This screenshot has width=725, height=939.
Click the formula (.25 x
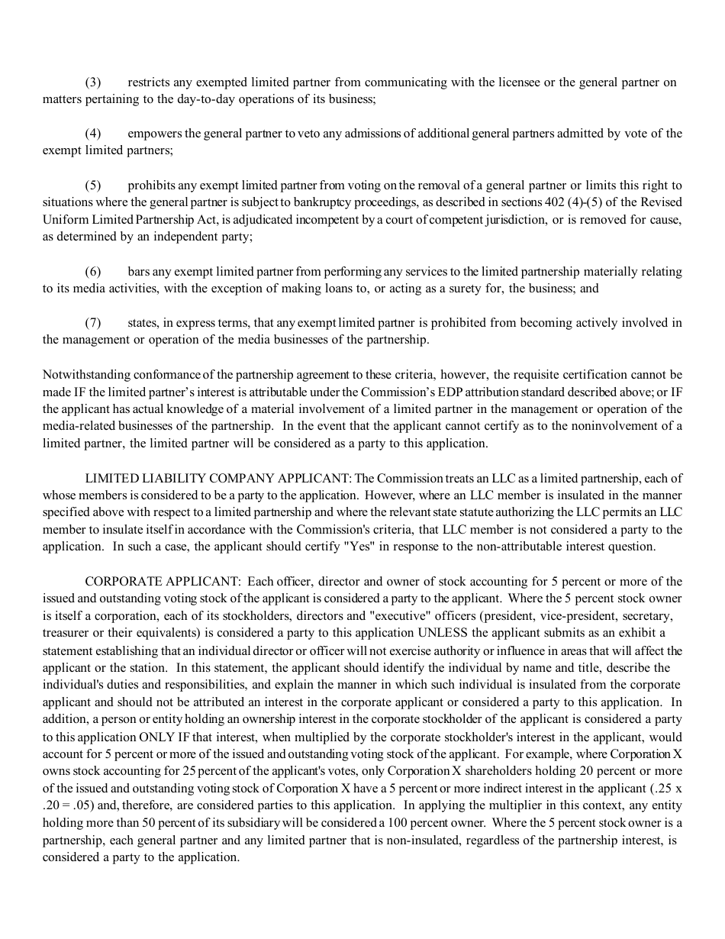coord(665,788)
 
